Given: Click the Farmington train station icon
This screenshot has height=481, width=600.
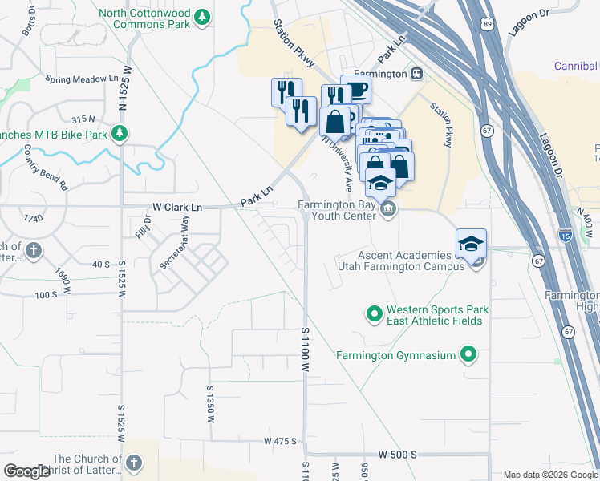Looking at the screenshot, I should click(416, 73).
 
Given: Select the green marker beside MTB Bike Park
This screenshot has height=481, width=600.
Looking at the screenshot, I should click(120, 134).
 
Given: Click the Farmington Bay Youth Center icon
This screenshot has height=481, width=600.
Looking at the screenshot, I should click(388, 210).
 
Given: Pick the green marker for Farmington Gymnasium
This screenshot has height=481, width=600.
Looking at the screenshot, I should click(470, 355).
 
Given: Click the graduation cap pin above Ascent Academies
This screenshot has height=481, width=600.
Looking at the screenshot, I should click(471, 243).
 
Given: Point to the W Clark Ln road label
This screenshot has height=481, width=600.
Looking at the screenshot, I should click(177, 207).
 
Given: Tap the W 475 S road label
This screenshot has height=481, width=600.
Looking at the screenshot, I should click(280, 441).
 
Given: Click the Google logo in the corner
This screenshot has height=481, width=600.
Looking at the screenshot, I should click(26, 471).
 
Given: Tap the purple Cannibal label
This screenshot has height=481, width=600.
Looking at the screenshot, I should click(576, 66).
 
